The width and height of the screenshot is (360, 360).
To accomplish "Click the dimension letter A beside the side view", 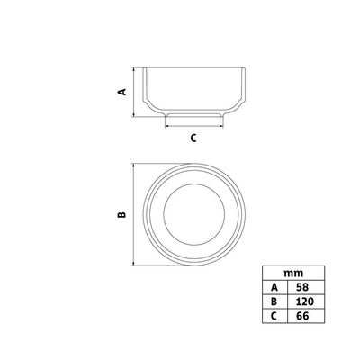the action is pos(122,92).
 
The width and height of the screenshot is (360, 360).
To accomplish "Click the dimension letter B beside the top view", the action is pos(121,214).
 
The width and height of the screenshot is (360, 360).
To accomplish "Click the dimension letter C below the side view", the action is pos(193,138).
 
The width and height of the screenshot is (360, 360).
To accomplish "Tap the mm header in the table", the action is pos(293,273).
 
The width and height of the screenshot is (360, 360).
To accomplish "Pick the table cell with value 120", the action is pos(306,301).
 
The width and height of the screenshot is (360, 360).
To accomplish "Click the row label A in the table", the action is pos(274,287).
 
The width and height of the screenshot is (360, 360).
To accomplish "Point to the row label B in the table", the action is pos(274,301).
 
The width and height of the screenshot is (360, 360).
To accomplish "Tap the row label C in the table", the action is pos(274,316).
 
